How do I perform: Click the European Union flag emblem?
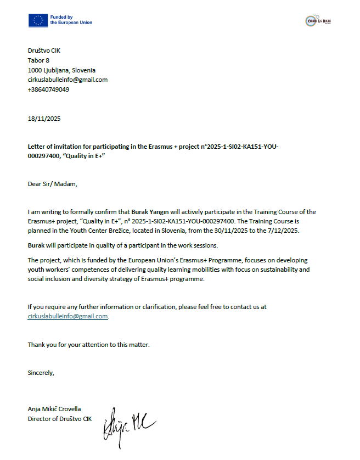tap(38, 20)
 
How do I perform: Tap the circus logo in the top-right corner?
tap(318, 21)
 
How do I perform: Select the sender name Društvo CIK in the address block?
tap(44, 51)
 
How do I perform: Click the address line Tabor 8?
tap(38, 60)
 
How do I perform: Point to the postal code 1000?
tap(35, 70)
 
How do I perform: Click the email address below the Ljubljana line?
tap(67, 80)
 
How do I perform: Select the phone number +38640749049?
tap(48, 89)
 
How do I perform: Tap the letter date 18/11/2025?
tap(44, 119)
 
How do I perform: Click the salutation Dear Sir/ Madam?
tap(53, 184)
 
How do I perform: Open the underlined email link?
tap(68, 316)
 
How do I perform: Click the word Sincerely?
tap(41, 373)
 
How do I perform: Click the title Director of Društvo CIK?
tap(60, 419)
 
